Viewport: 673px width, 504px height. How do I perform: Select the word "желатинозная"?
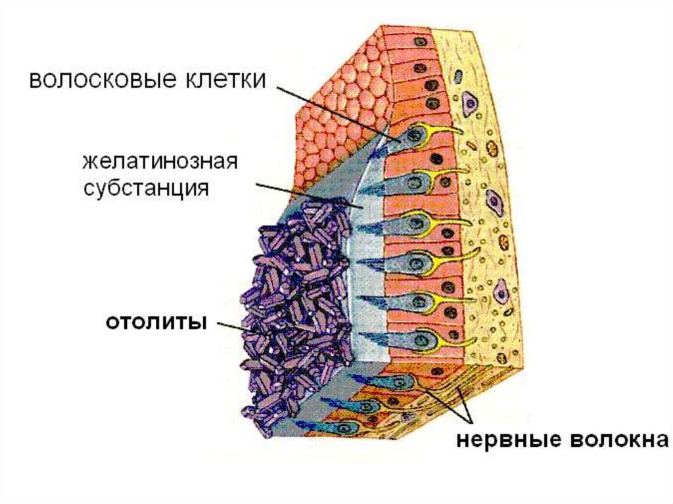click(159, 162)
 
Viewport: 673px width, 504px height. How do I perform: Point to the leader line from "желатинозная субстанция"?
click(309, 196)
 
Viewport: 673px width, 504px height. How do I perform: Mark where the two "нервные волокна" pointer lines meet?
click(469, 421)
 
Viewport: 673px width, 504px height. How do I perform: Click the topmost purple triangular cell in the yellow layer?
click(469, 101)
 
